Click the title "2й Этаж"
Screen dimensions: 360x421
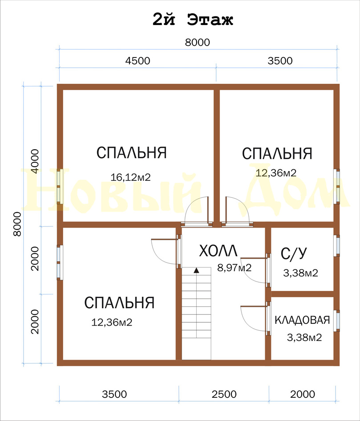(193, 20)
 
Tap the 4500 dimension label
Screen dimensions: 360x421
(138, 61)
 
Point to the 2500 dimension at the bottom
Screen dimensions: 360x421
(224, 394)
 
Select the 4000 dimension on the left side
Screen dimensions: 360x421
(35, 161)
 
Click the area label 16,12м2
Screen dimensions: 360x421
(131, 177)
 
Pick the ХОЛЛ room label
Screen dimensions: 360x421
(218, 251)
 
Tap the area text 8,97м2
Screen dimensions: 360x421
(234, 268)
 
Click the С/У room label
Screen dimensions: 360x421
(294, 253)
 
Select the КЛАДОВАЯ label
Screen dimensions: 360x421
(302, 320)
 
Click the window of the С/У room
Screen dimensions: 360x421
(337, 245)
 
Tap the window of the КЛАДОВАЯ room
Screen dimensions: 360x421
(337, 321)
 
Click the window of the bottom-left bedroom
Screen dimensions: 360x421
(60, 262)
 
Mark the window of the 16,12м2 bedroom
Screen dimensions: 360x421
(60, 186)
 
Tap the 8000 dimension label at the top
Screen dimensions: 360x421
(198, 42)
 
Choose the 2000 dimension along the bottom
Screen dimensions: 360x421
(303, 394)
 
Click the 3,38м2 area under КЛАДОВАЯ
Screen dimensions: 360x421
(304, 337)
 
